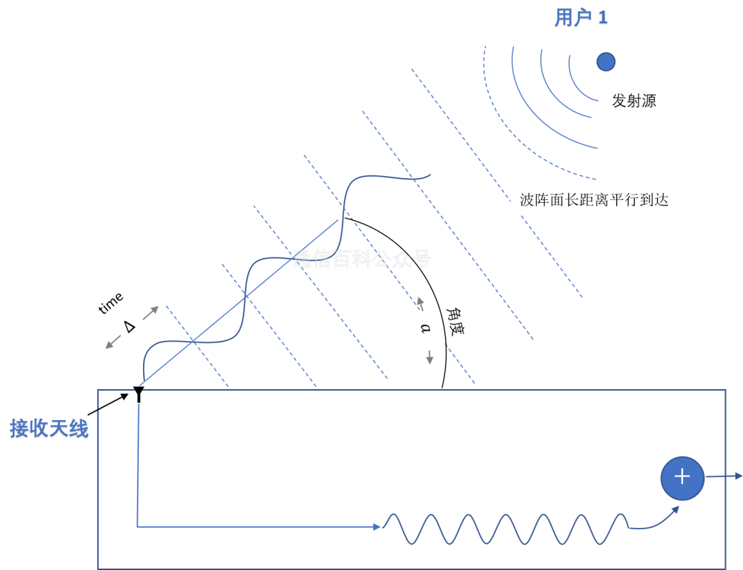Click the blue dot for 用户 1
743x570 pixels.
pos(605,62)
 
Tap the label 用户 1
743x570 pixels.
pos(581,19)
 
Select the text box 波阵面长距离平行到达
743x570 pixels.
pos(594,201)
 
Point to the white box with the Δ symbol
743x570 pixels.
pos(129,326)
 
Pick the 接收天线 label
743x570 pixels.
pos(49,429)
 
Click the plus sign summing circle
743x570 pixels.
pos(682,477)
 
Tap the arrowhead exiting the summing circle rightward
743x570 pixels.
pos(738,476)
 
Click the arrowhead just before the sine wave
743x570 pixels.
pos(377,527)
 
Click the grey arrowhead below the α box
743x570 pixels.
pos(429,360)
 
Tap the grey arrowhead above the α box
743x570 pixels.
pos(420,300)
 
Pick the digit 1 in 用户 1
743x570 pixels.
pos(603,19)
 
